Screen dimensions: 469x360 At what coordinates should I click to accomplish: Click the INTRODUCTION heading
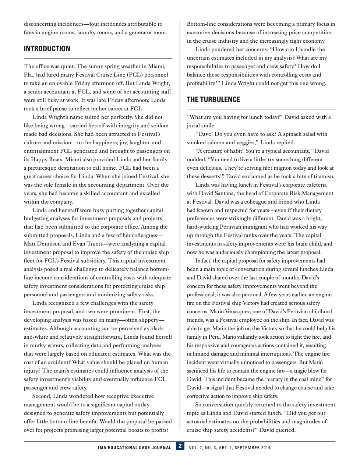click(x=47, y=49)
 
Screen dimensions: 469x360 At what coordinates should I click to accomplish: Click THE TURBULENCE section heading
click(x=213, y=100)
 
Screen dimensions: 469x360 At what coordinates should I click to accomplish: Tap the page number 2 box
click(x=180, y=446)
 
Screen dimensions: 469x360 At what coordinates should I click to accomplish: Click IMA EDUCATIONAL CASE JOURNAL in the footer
click(x=134, y=448)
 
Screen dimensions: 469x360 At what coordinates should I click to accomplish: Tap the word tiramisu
click(x=322, y=176)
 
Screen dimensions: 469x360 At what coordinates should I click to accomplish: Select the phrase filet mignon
click(x=276, y=168)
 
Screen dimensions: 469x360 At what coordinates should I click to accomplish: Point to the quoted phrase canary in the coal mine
click(x=293, y=379)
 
